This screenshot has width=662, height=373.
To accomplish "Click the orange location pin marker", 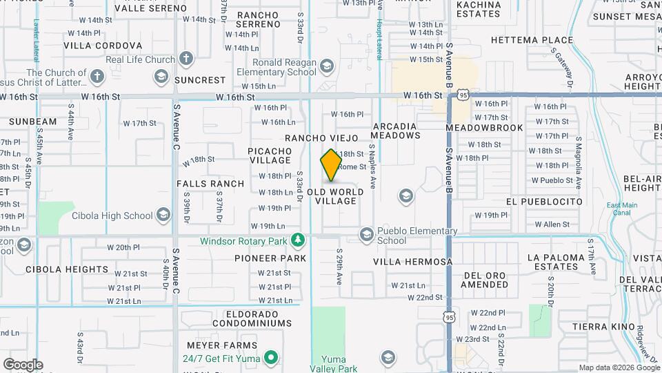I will [331, 164].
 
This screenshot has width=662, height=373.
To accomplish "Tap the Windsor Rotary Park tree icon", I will [298, 240].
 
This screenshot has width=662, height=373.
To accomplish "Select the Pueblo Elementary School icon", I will [365, 236].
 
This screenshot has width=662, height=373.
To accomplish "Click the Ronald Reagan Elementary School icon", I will [327, 66].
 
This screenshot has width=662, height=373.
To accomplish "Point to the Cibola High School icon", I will [163, 216].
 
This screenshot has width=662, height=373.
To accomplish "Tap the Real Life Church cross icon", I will [185, 59].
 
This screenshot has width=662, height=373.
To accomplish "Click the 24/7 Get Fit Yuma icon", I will [272, 357].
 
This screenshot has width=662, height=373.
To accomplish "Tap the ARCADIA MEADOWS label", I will [396, 131].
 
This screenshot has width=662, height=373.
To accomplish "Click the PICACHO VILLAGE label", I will [270, 155].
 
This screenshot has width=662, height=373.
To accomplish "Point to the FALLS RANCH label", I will [210, 184].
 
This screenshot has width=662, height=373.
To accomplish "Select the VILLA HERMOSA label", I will [413, 262].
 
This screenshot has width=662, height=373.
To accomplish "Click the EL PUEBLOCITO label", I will [543, 202].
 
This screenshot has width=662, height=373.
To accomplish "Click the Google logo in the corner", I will [22, 364].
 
